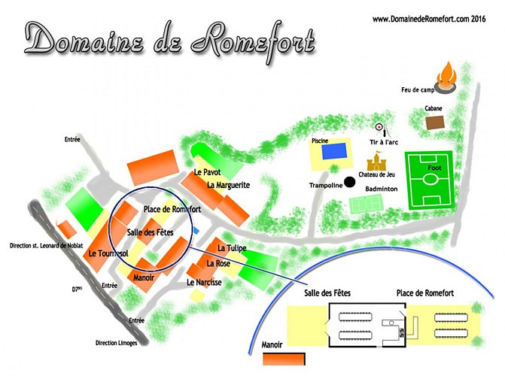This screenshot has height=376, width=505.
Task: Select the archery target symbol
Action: pyautogui.click(x=379, y=128)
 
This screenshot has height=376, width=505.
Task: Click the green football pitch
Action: pyautogui.click(x=429, y=180)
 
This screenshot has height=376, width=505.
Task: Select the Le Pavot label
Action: pyautogui.click(x=206, y=173)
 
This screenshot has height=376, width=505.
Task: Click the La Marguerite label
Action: pyautogui.click(x=228, y=185)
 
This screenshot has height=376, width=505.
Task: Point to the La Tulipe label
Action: pyautogui.click(x=232, y=248)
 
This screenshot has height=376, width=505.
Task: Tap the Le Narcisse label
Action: pyautogui.click(x=203, y=283)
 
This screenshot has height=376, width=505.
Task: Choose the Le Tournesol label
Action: pyautogui.click(x=108, y=253)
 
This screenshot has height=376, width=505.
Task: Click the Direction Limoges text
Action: pyautogui.click(x=121, y=343)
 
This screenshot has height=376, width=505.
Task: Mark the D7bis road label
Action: pyautogui.click(x=79, y=287)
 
